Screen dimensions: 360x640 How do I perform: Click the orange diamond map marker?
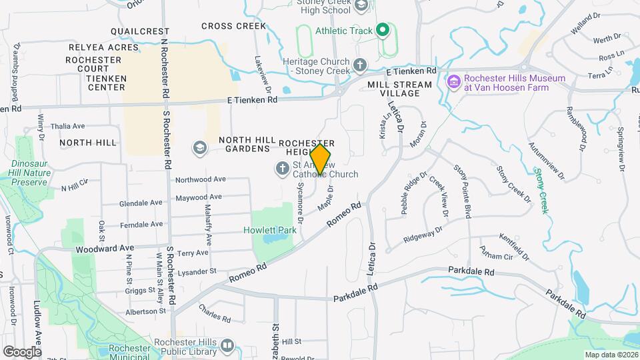pyautogui.click(x=321, y=159)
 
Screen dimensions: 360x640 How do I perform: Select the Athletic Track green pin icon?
pyautogui.click(x=383, y=30)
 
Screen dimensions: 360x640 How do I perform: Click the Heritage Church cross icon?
pyautogui.click(x=360, y=65)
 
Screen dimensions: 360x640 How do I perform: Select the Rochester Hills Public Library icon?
pyautogui.click(x=227, y=345)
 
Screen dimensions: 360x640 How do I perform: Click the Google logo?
pyautogui.click(x=22, y=351)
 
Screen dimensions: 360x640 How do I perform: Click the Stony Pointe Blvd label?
pyautogui.click(x=462, y=191)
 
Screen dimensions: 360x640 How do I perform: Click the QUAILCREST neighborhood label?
pyautogui.click(x=140, y=31)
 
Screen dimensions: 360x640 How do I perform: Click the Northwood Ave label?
pyautogui.click(x=201, y=179)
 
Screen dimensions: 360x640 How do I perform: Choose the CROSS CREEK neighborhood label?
pyautogui.click(x=233, y=26)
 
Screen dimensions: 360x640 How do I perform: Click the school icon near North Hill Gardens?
pyautogui.click(x=199, y=147)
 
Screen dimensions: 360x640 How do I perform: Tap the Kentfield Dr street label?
pyautogui.click(x=513, y=247)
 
